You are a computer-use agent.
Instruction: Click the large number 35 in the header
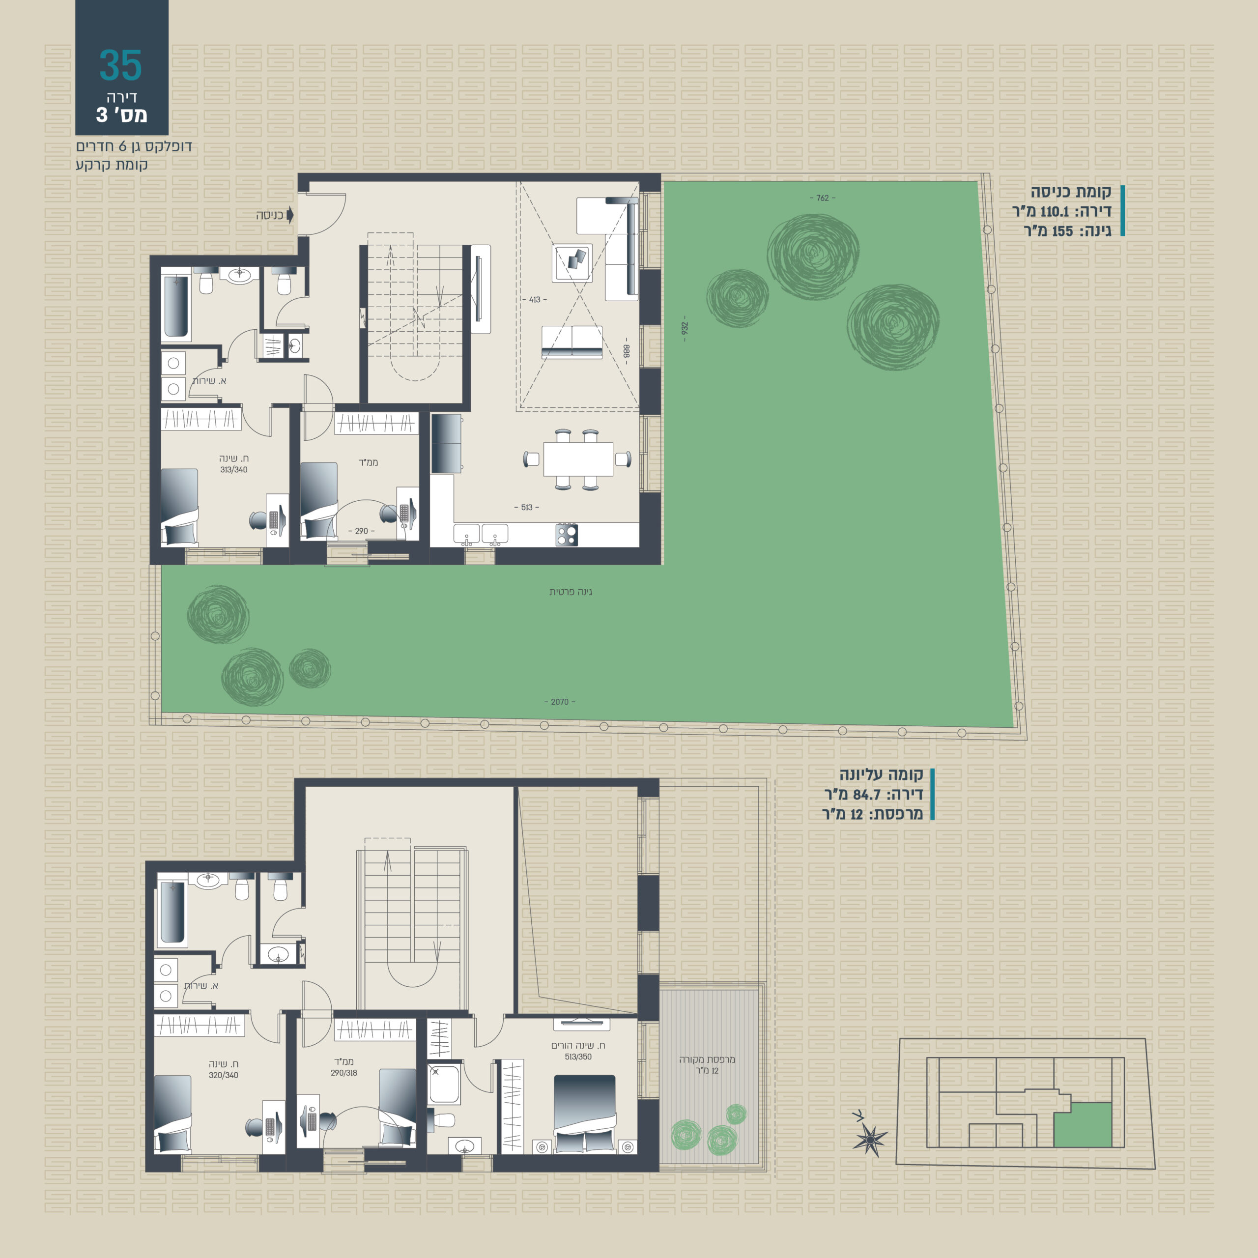click(x=120, y=65)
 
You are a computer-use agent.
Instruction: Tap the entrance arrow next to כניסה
click(x=290, y=215)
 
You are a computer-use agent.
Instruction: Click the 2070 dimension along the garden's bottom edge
click(x=559, y=702)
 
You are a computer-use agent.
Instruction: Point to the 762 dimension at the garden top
click(x=823, y=198)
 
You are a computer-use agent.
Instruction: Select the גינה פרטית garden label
click(x=571, y=592)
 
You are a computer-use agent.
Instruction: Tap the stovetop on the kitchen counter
click(x=567, y=535)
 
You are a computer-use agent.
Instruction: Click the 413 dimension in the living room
click(x=535, y=300)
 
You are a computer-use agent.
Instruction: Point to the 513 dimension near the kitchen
click(x=527, y=507)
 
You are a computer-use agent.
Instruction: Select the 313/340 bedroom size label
click(x=234, y=469)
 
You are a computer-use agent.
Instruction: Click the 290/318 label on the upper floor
click(x=344, y=1073)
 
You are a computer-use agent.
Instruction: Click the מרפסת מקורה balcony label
click(x=707, y=1059)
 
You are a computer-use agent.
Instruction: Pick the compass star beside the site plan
click(x=870, y=1140)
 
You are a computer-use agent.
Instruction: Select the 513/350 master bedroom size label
click(x=578, y=1057)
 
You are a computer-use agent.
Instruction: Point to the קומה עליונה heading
click(x=881, y=775)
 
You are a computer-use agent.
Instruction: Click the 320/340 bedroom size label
click(x=223, y=1075)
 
